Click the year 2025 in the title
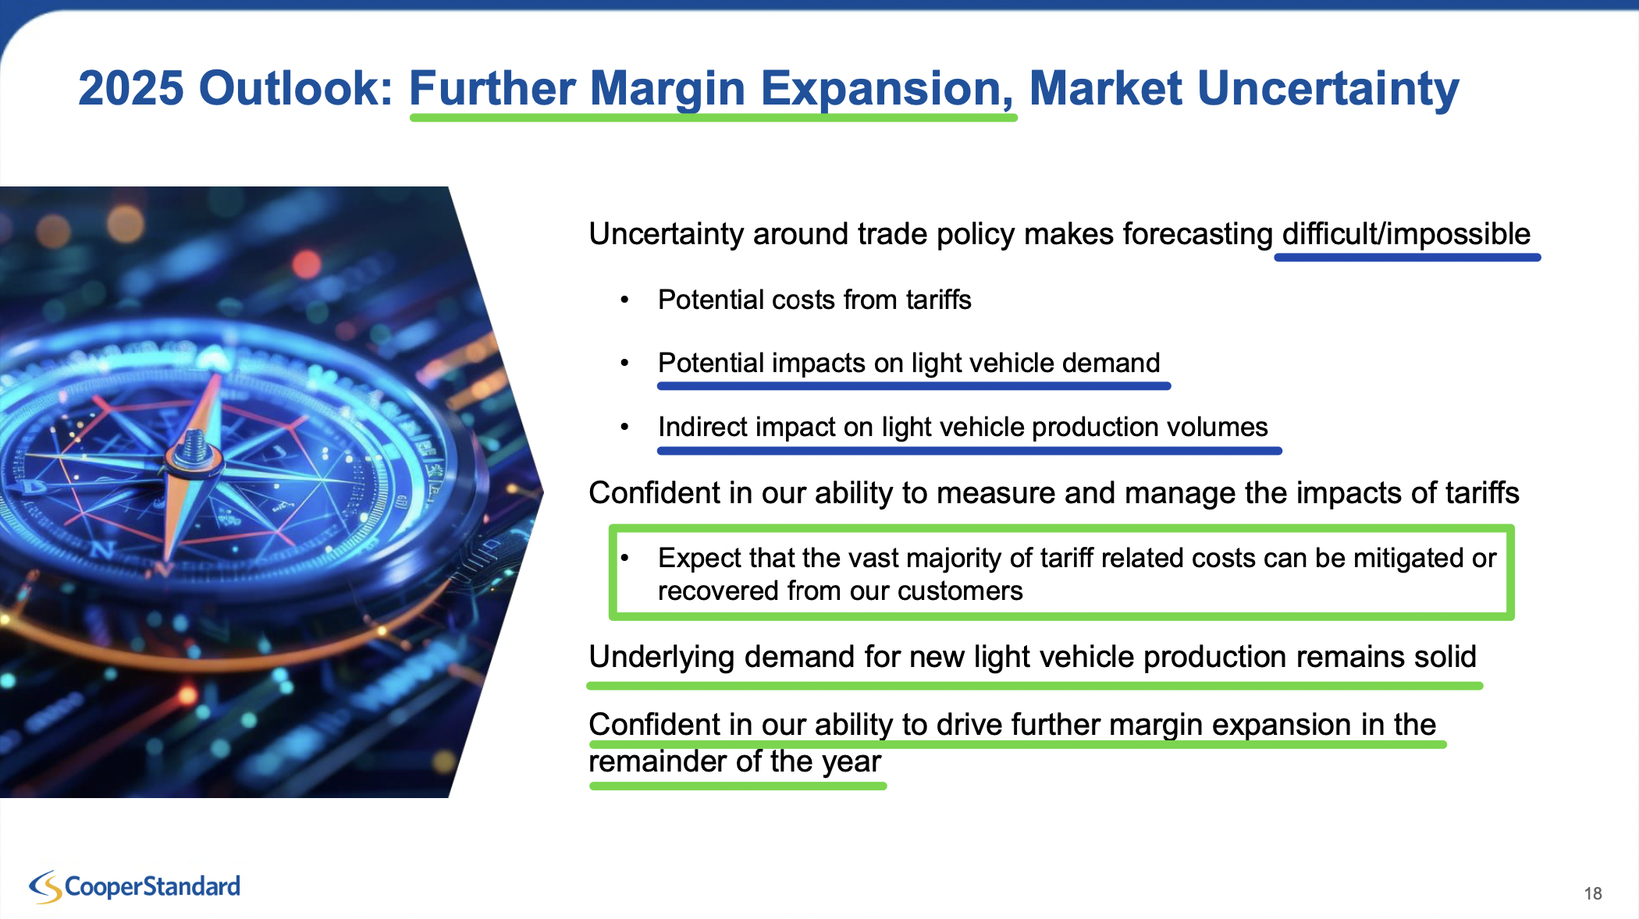click(131, 88)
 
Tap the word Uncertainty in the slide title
click(1328, 88)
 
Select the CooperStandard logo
click(135, 887)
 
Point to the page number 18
click(1593, 893)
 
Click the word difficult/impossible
click(1406, 234)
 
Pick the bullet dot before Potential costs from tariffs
click(624, 300)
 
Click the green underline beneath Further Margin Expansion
click(713, 118)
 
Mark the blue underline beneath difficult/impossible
click(1407, 257)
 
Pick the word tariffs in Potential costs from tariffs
click(938, 300)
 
